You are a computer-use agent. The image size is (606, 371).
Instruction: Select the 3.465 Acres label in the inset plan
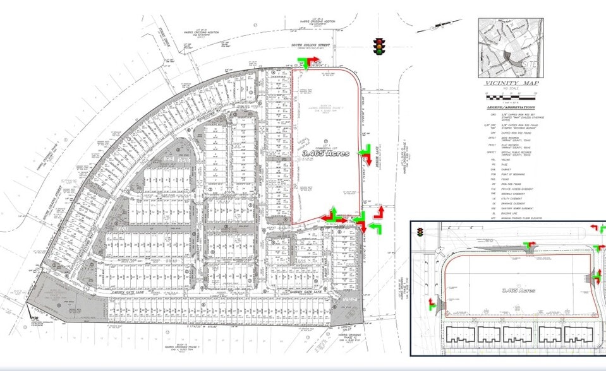tap(518, 290)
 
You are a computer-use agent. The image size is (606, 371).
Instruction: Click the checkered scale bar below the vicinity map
tap(508, 95)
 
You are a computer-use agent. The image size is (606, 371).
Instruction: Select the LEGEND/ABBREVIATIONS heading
tap(509, 107)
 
